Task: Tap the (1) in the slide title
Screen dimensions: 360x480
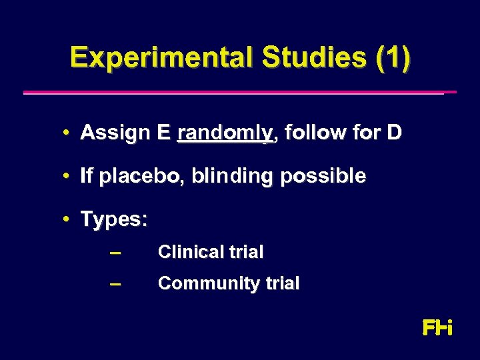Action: point(393,58)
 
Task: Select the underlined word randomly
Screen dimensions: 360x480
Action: point(226,133)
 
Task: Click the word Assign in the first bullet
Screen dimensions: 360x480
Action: point(115,133)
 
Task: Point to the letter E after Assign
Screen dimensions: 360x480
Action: point(164,133)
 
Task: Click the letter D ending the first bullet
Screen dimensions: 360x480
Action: point(394,133)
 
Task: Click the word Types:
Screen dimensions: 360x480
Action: point(114,219)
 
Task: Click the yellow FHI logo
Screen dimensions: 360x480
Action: point(437,327)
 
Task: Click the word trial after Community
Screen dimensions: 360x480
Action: point(279,283)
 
